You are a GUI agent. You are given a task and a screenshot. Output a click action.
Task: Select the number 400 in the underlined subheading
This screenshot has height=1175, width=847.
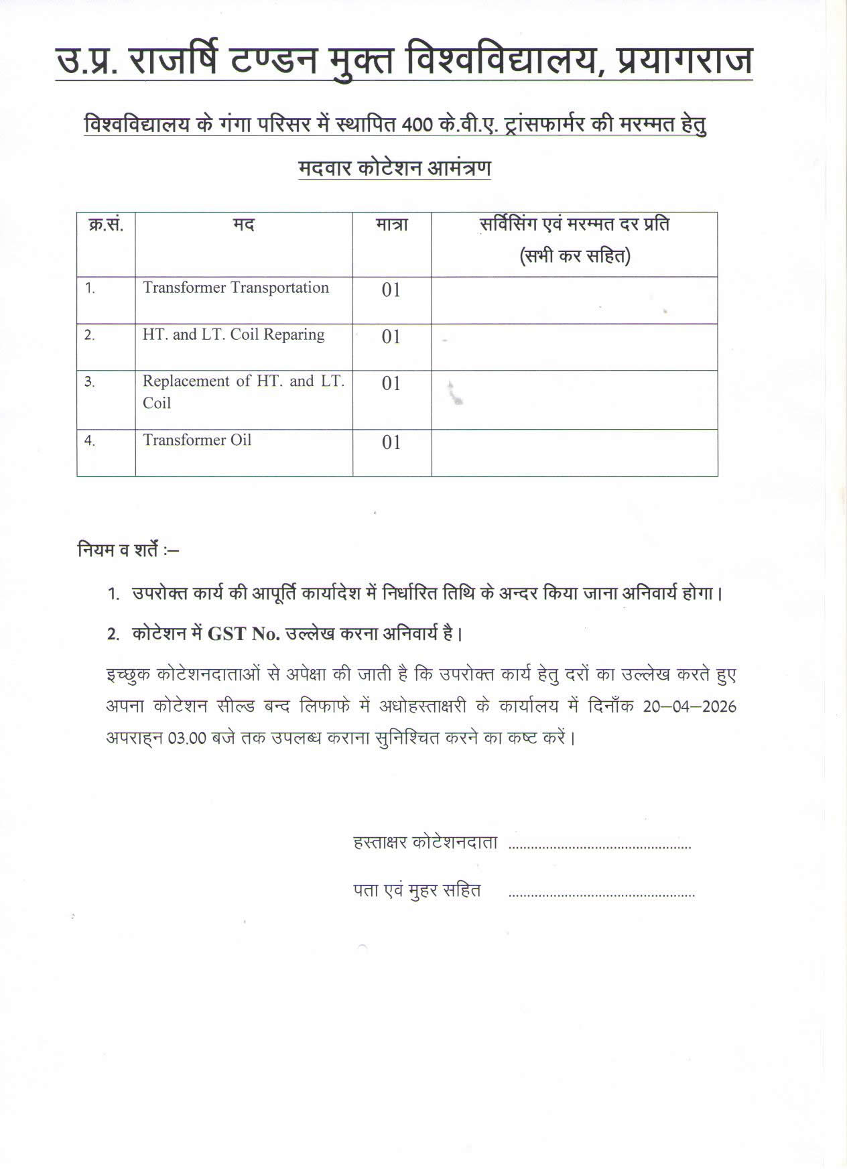[x=418, y=125]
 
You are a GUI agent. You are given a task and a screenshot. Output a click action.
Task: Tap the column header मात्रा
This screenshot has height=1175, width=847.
[x=391, y=225]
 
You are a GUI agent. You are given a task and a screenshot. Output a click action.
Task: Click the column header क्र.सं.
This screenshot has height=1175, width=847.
[x=106, y=225]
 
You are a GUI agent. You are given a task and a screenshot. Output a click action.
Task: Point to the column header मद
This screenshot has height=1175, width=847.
[x=244, y=225]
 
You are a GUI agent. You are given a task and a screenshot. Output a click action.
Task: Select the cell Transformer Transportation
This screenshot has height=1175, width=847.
[x=236, y=288]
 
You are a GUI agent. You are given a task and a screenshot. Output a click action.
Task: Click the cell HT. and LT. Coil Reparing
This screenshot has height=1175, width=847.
[x=233, y=334]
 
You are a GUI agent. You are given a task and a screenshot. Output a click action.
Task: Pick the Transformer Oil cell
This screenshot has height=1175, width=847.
[x=197, y=440]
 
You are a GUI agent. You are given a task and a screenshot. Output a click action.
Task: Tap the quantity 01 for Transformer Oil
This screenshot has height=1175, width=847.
[x=391, y=443]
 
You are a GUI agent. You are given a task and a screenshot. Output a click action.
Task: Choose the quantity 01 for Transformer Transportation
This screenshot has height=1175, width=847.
[x=391, y=290]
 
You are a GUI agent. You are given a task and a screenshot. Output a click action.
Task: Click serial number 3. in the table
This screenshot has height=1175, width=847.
[x=90, y=382]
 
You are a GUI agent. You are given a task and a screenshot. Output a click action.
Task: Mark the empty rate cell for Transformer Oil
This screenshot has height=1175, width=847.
[x=574, y=452]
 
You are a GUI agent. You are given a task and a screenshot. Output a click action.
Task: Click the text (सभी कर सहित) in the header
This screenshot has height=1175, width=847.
[x=574, y=256]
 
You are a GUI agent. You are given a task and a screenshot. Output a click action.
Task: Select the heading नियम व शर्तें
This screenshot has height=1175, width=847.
[x=127, y=551]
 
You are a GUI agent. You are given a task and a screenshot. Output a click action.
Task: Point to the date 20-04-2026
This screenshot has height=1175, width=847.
[x=690, y=707]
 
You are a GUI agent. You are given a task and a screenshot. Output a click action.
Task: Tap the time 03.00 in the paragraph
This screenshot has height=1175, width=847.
[x=186, y=739]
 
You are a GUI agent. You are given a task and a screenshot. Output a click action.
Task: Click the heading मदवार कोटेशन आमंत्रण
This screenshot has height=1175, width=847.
[x=395, y=168]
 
